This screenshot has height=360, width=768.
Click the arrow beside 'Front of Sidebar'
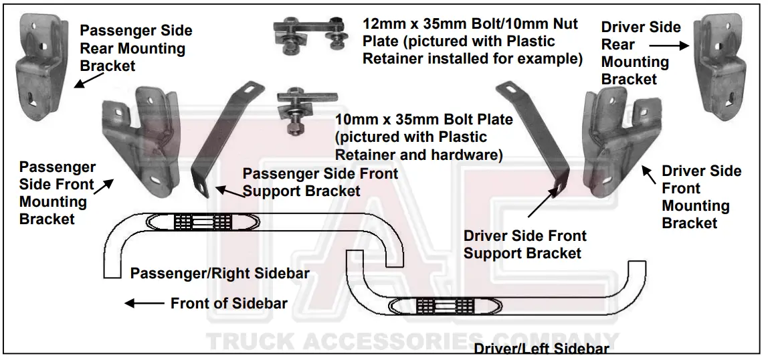[145, 303]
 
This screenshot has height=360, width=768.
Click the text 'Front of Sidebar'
[229, 303]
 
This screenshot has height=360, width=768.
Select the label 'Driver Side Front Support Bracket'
[524, 244]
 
